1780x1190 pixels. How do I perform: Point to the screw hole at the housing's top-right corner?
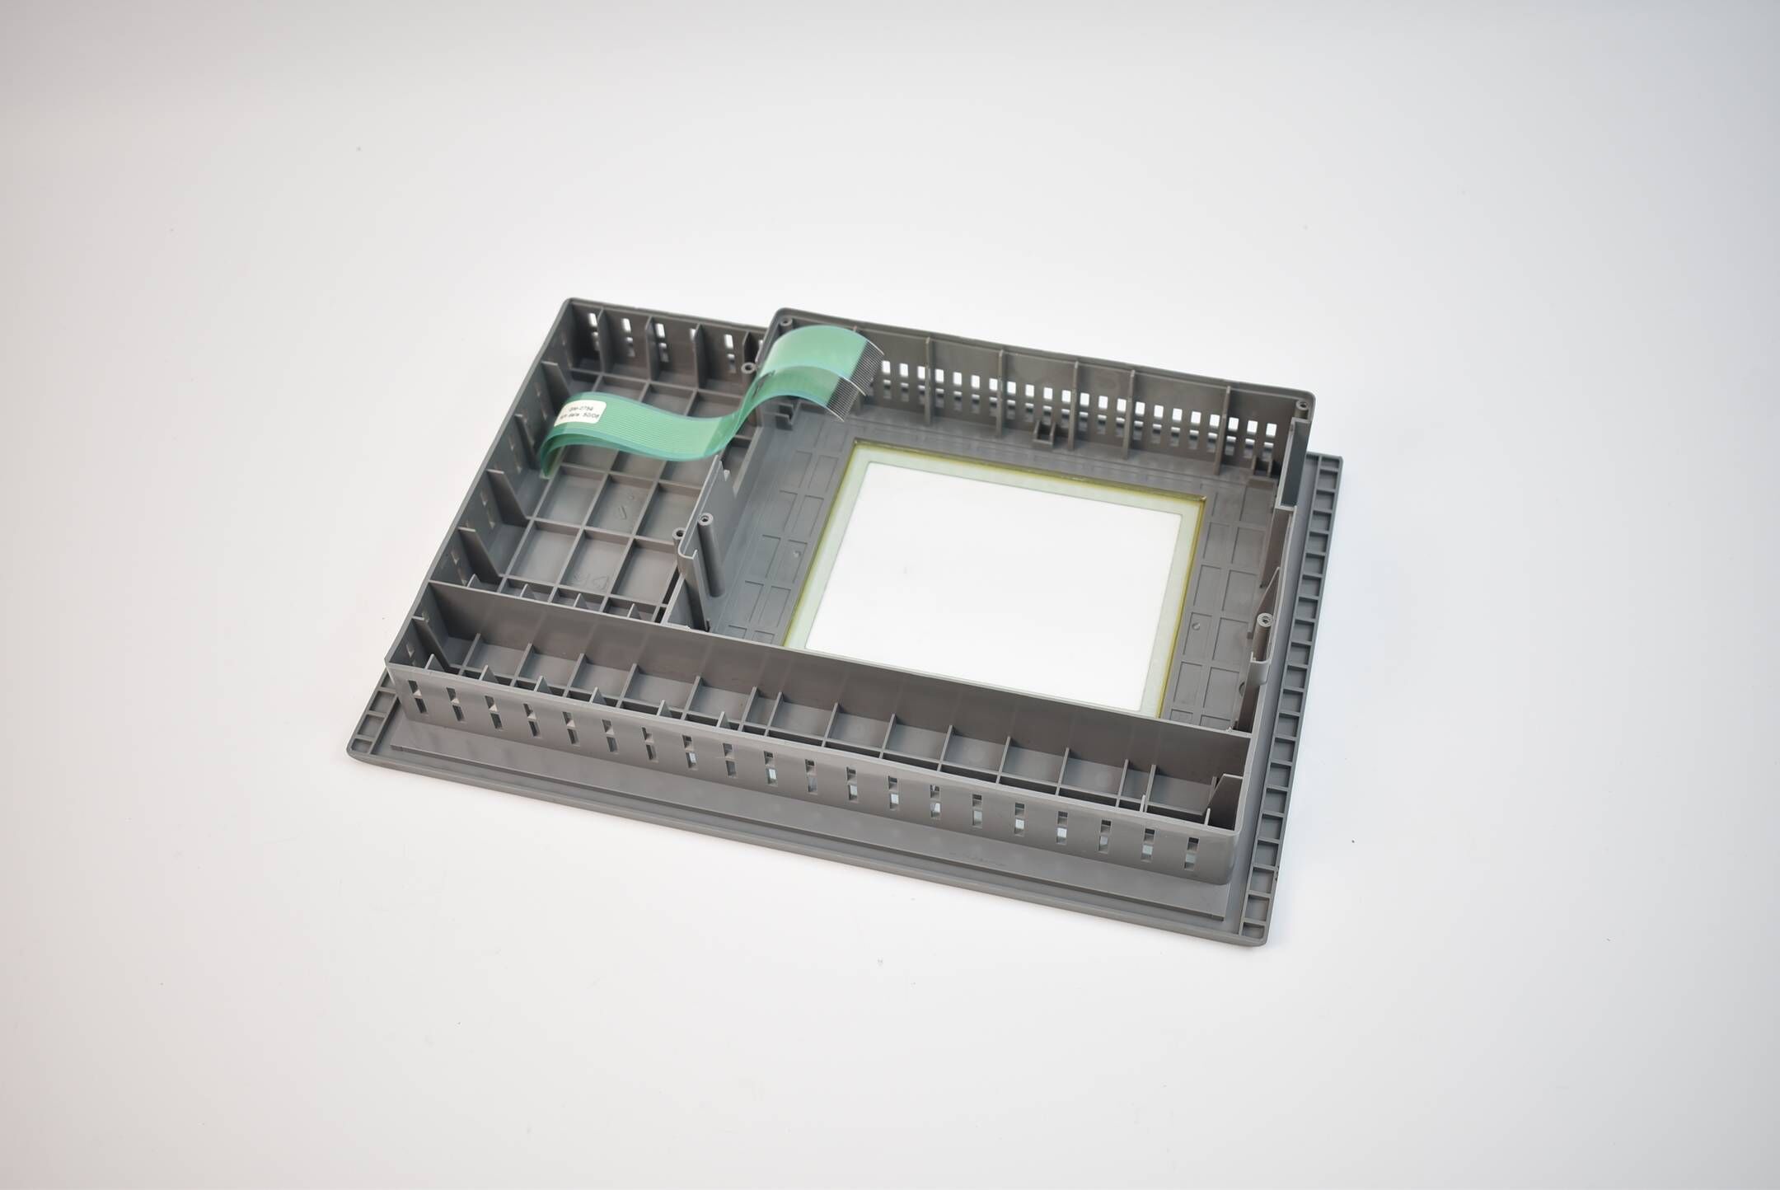(1300, 405)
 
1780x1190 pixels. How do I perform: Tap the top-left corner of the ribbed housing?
(566, 302)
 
